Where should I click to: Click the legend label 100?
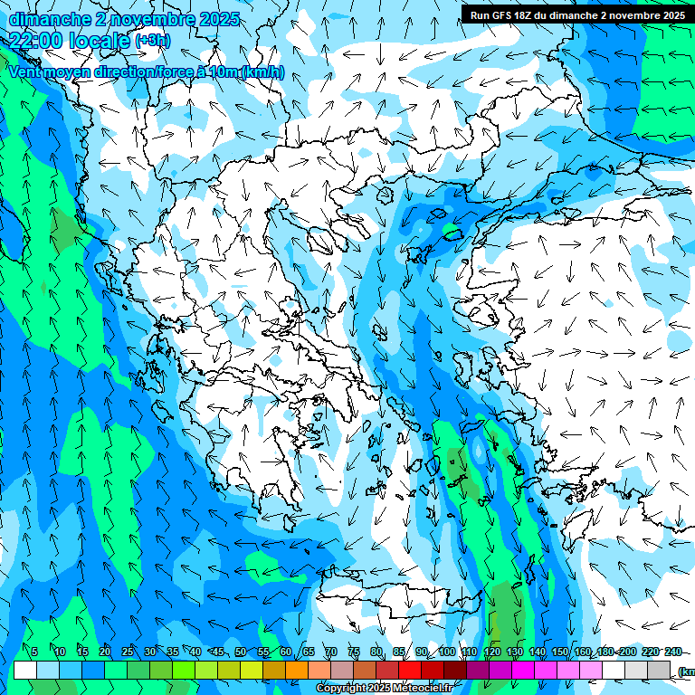tap(446, 652)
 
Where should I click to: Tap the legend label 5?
tap(34, 652)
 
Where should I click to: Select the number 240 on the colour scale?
tap(672, 652)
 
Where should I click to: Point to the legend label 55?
tap(263, 652)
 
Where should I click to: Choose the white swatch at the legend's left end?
tap(25, 671)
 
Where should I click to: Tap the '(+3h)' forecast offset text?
tap(152, 40)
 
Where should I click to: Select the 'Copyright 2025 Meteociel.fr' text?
tap(384, 689)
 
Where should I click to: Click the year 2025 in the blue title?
tap(220, 19)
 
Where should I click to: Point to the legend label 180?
tap(605, 652)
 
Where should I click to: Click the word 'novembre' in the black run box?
tap(627, 15)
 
